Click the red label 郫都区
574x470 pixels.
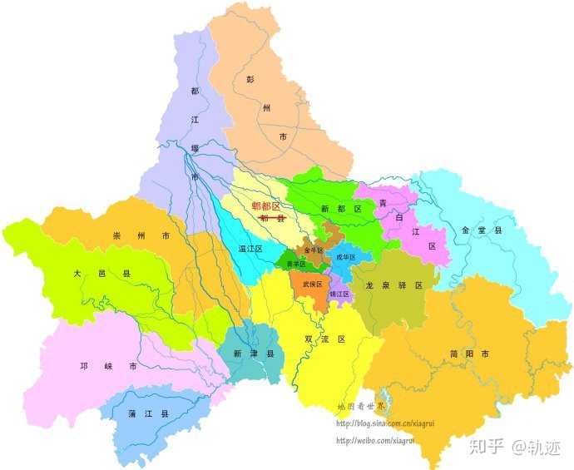pos(266,206)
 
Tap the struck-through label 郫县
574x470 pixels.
pos(272,218)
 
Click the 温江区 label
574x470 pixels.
pos(250,248)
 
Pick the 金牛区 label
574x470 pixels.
pos(313,249)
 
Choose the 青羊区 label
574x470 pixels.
pos(296,264)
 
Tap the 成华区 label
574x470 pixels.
pos(344,257)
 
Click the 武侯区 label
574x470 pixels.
pos(311,284)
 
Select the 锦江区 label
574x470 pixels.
pos(339,294)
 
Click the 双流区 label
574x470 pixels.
pos(325,339)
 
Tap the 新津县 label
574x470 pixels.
pos(253,354)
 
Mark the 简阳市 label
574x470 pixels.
pos(469,354)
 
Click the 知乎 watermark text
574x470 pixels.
pos(487,447)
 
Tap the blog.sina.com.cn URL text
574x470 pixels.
pos(385,423)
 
